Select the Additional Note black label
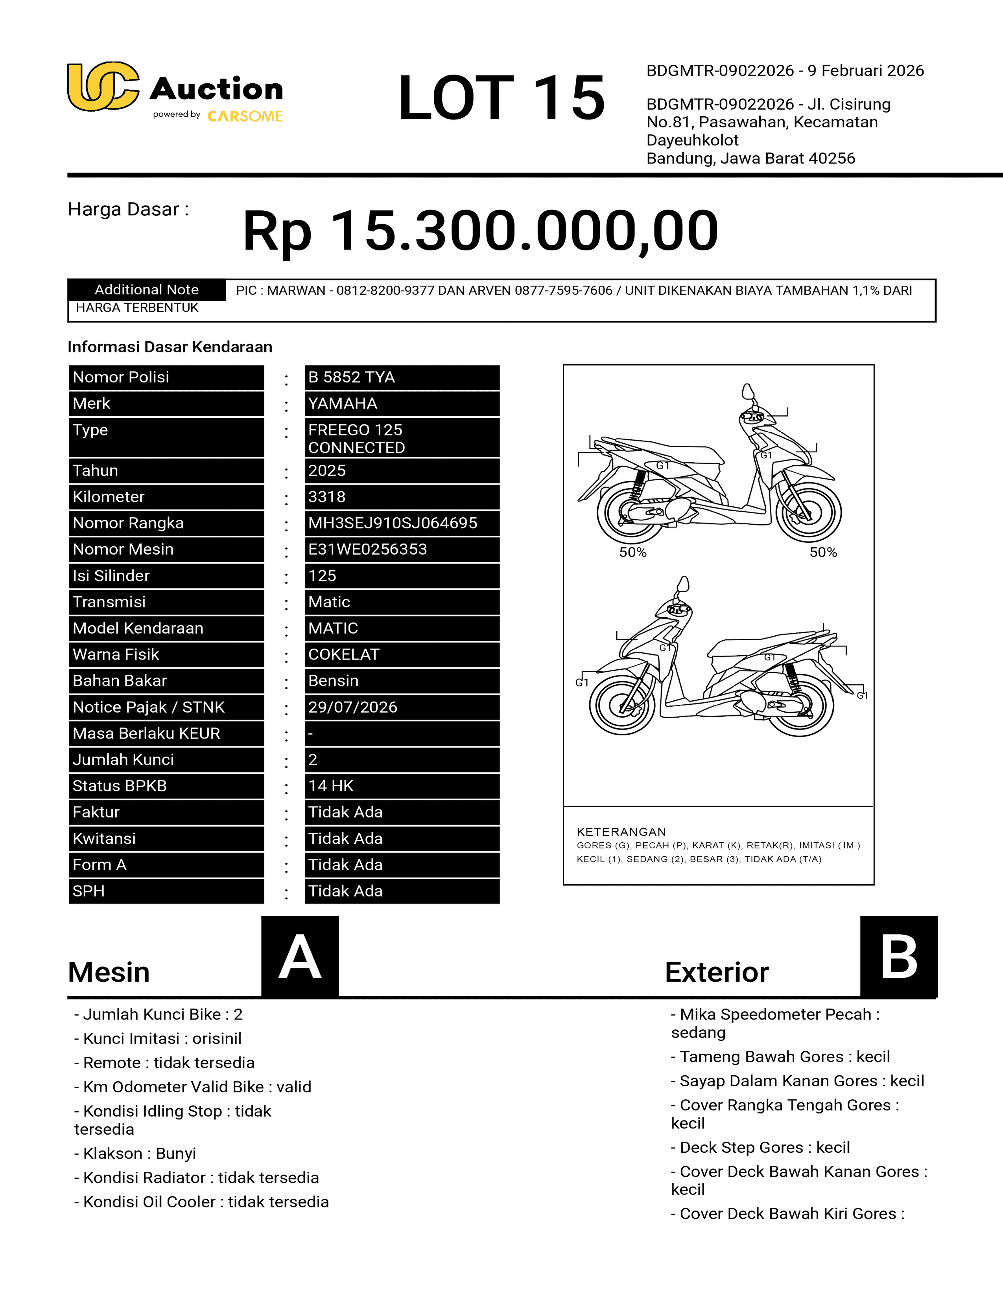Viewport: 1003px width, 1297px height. coord(146,290)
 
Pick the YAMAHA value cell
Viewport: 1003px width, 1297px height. coord(401,404)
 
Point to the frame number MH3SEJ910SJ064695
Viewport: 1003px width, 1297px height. coord(401,523)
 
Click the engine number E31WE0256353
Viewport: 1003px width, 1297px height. coord(401,549)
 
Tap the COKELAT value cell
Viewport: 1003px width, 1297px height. coord(401,654)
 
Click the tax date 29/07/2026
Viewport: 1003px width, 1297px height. coord(401,707)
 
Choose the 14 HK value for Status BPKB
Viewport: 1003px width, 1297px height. coord(401,786)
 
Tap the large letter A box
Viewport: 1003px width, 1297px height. coord(300,957)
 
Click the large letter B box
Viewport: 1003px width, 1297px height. coord(898,957)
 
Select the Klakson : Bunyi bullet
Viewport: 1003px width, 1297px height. coord(135,1153)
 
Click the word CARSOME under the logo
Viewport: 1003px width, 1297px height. coord(245,116)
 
